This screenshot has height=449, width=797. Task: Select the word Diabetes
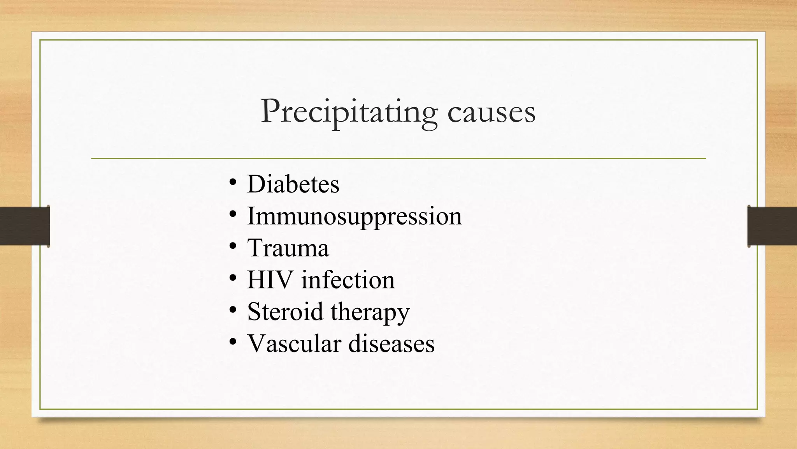(x=293, y=184)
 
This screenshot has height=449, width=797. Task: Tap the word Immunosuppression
(x=354, y=216)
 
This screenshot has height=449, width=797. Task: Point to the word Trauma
(x=288, y=248)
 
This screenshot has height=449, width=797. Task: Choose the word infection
(x=348, y=280)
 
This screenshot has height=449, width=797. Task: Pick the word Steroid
(x=285, y=312)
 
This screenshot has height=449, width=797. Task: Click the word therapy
(x=370, y=313)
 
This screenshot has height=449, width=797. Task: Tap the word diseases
(x=391, y=344)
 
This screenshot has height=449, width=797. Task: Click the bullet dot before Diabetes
(x=233, y=182)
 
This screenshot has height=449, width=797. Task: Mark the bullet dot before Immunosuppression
(x=233, y=214)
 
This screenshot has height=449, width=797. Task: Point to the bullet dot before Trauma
(x=233, y=246)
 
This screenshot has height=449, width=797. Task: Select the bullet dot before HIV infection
(x=233, y=278)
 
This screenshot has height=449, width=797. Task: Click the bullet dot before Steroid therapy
(x=233, y=310)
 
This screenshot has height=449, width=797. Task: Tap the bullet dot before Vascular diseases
(x=233, y=342)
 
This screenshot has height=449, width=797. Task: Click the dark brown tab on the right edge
(x=772, y=226)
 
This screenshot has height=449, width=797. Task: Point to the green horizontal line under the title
(x=398, y=159)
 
